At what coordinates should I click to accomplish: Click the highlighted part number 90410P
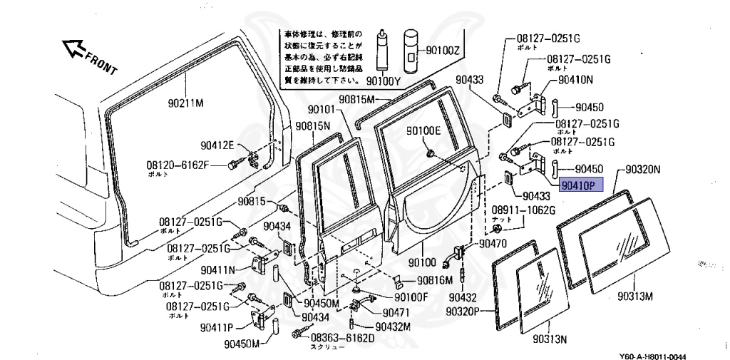[x=580, y=185]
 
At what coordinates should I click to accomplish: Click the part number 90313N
[x=550, y=337]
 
